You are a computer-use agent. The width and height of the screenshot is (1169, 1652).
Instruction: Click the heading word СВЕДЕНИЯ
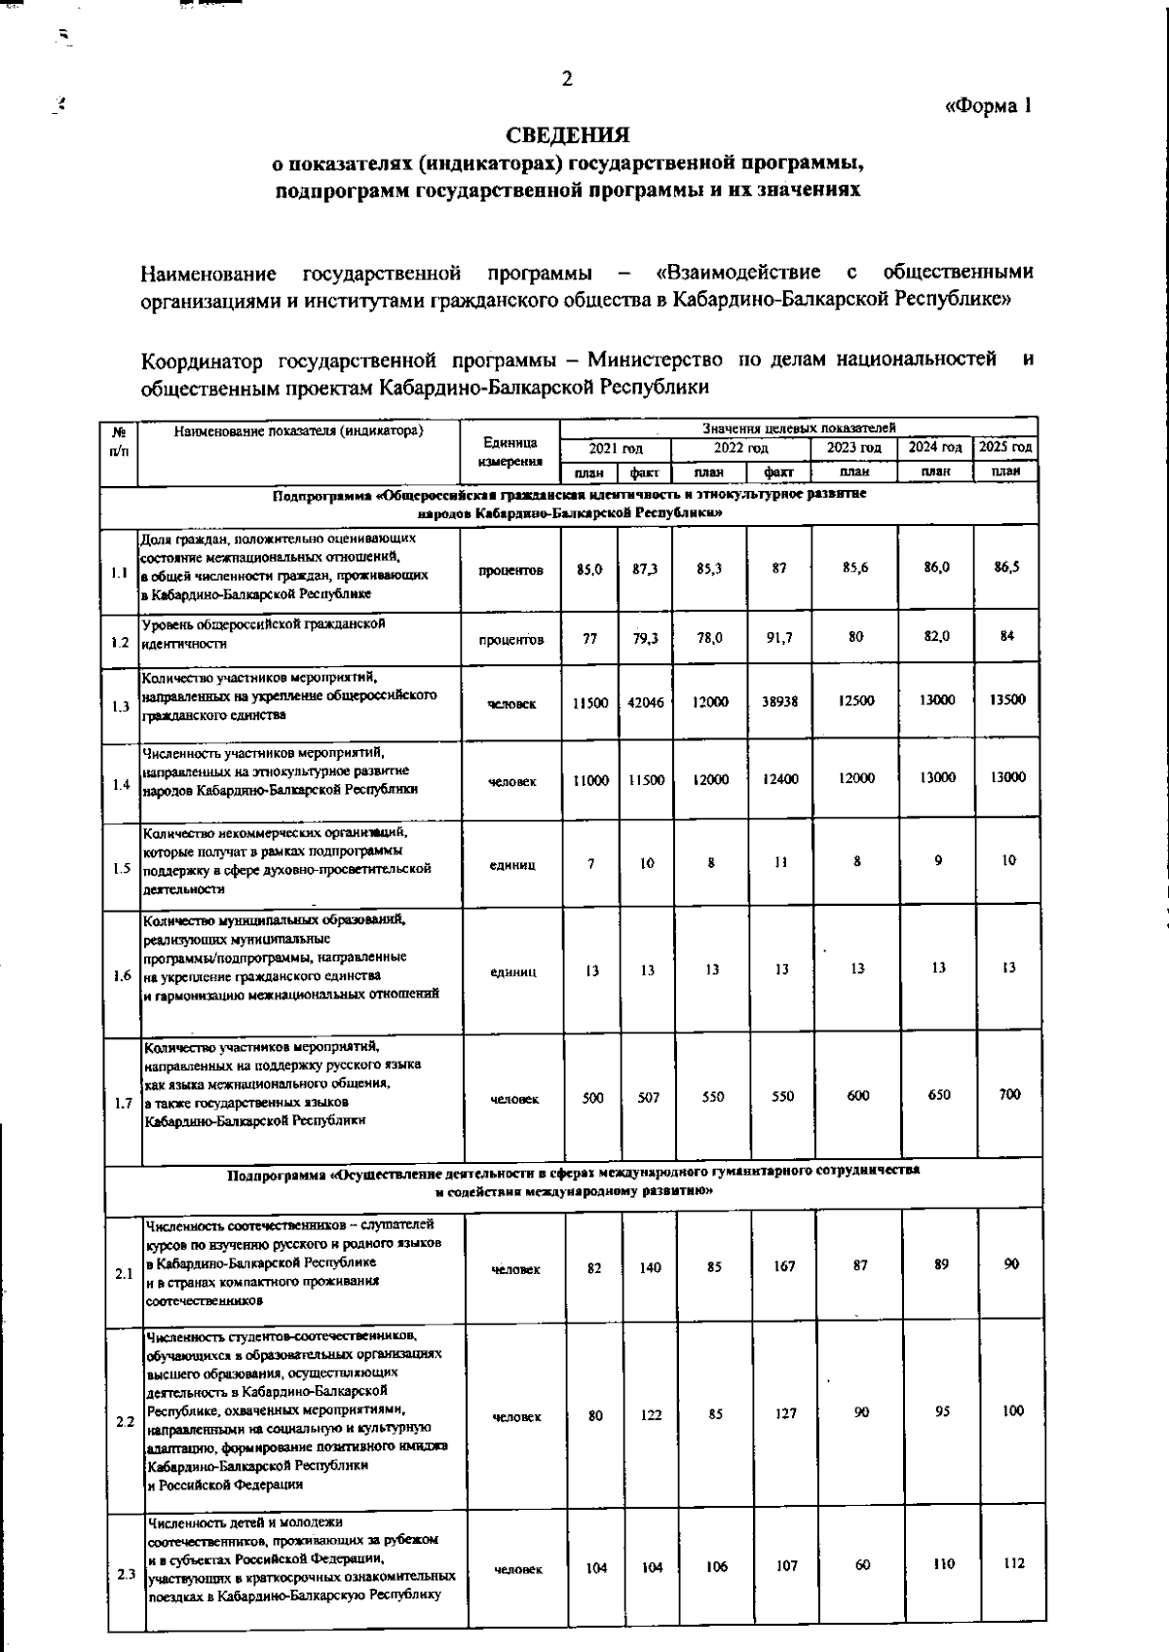point(567,134)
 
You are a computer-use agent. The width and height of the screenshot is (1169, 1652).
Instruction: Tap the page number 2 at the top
point(567,80)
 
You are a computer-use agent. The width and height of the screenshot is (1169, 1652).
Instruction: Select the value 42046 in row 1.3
point(646,702)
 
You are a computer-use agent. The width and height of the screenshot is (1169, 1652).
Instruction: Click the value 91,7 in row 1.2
point(779,638)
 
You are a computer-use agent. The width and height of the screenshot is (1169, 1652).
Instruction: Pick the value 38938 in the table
point(779,701)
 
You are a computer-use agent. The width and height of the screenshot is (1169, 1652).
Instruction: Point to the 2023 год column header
point(854,448)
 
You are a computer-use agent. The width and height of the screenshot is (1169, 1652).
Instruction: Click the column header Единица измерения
point(510,451)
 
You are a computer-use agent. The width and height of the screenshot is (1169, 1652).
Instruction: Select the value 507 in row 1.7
point(648,1098)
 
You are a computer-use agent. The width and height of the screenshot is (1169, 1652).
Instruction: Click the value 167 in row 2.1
point(784,1267)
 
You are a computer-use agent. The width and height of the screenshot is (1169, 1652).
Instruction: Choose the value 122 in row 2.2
point(651,1415)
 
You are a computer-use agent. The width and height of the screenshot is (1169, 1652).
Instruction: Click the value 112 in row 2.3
point(1013,1564)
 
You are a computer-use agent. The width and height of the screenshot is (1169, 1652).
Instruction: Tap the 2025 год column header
point(1005,447)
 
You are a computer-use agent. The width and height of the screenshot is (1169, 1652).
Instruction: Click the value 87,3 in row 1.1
point(644,569)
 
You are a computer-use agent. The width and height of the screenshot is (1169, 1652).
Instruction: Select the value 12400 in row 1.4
point(780,779)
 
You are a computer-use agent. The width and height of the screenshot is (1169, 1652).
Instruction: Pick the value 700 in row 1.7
point(1010,1095)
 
